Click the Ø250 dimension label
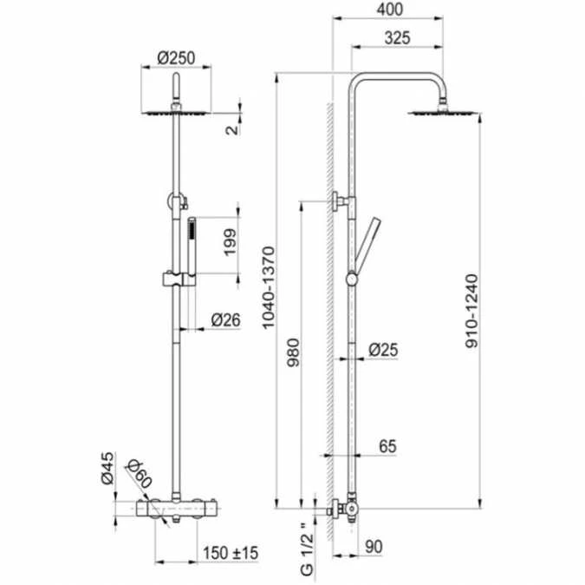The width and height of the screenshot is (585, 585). click(x=176, y=58)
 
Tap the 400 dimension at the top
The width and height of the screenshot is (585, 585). click(x=389, y=10)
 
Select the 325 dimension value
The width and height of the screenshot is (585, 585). click(x=397, y=37)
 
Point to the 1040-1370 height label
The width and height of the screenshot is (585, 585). click(x=269, y=287)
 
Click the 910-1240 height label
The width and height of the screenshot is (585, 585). click(x=471, y=311)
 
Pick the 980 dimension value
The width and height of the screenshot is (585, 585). click(x=294, y=352)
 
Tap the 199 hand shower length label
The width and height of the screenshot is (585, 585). click(x=230, y=242)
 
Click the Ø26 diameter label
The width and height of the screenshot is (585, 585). click(x=225, y=319)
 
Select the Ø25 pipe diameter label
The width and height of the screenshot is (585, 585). click(x=383, y=350)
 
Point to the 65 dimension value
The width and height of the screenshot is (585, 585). click(x=387, y=446)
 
